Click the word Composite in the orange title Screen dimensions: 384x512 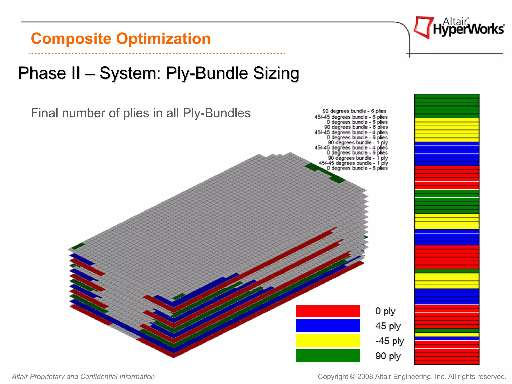pyautogui.click(x=71, y=39)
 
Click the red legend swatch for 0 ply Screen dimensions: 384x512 pyautogui.click(x=328, y=311)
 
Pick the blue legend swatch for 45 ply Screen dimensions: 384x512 pyautogui.click(x=328, y=326)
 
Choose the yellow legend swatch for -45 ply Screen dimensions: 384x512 pyautogui.click(x=328, y=341)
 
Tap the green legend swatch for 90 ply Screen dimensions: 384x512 pyautogui.click(x=328, y=356)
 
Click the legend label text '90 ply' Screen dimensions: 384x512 pyautogui.click(x=388, y=356)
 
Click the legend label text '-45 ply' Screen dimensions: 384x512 pyautogui.click(x=389, y=341)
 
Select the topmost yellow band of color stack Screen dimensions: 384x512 pyautogui.click(x=447, y=130)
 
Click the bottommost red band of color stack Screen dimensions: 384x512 pyautogui.click(x=447, y=352)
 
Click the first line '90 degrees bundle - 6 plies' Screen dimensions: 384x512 pyautogui.click(x=354, y=111)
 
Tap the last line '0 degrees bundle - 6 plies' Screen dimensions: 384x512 pyautogui.click(x=357, y=168)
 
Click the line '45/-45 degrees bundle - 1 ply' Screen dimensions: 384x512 pyautogui.click(x=353, y=163)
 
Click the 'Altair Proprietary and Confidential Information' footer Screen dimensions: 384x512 pyautogui.click(x=83, y=376)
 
